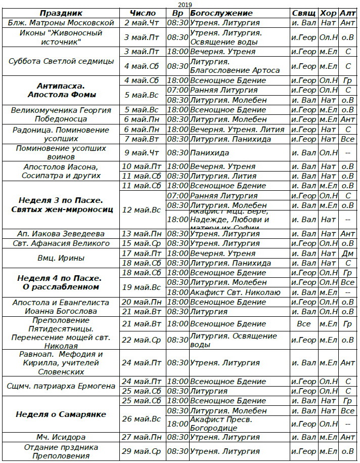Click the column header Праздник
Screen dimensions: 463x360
pos(62,13)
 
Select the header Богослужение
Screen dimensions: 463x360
pos(221,13)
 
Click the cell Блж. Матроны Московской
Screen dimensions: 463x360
pos(62,23)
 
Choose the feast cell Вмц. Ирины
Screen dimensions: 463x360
pos(62,258)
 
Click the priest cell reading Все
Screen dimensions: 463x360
pos(304,324)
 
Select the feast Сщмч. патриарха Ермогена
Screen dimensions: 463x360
pos(62,386)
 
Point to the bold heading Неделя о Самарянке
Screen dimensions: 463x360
pos(61,414)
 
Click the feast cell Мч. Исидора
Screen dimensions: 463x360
pos(61,437)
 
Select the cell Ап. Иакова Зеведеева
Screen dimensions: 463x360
pos(62,234)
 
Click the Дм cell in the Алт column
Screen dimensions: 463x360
pos(347,254)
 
